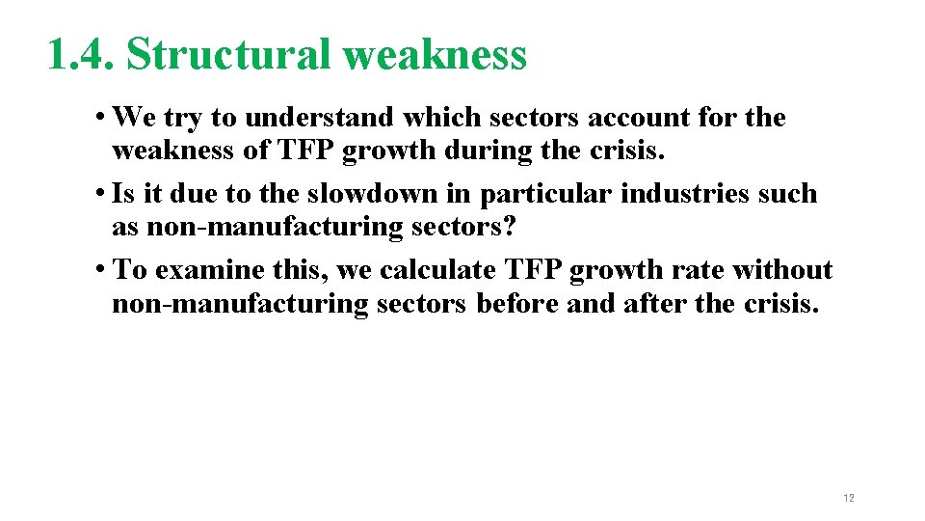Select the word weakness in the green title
[435, 55]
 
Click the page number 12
[848, 498]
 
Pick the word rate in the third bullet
[689, 270]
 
